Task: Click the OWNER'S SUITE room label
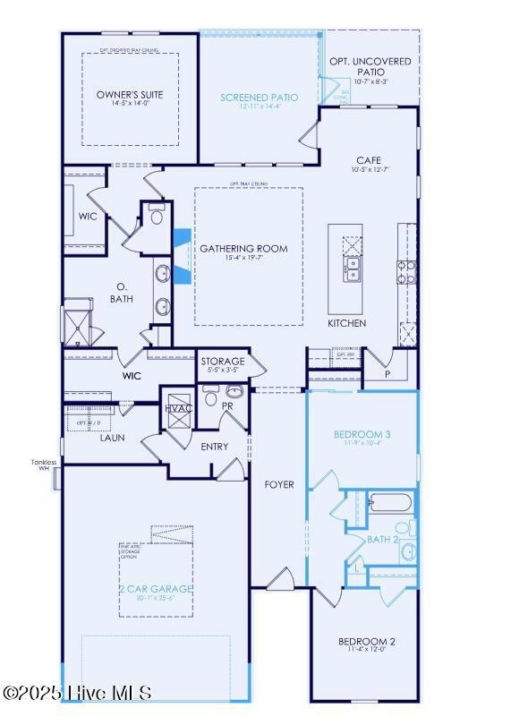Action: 130,94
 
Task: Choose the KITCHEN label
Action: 346,323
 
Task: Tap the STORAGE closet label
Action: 222,361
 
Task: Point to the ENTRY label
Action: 214,447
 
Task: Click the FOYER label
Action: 278,484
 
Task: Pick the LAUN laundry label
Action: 112,438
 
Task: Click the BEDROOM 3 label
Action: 362,435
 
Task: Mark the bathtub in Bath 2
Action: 390,503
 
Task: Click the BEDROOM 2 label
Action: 366,642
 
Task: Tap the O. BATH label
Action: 123,292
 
